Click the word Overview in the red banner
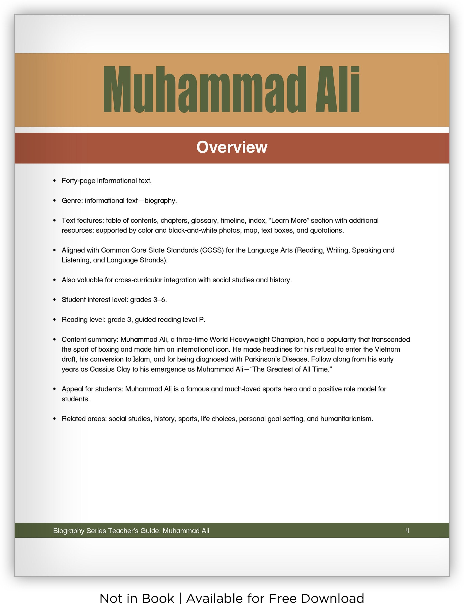(232, 147)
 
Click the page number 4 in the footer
(407, 530)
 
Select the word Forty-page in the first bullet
(78, 181)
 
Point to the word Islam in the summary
(141, 360)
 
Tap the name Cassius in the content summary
(102, 369)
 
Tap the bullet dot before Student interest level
(54, 300)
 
